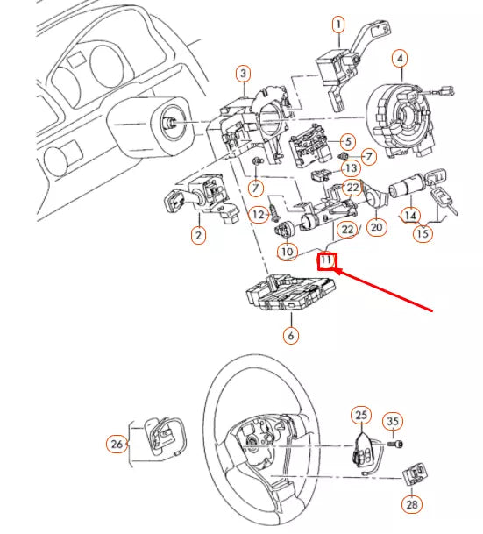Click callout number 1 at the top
pos(338,24)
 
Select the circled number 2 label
pos(199,235)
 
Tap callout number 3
pos(244,74)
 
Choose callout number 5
pos(347,141)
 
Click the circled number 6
pos(292,334)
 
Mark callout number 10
pos(288,252)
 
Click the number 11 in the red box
pos(326,260)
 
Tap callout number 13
pos(350,167)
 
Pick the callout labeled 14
pos(408,213)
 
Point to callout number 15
pos(423,233)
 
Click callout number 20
pos(377,227)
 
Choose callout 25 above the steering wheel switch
pos(360,414)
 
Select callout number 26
pos(117,445)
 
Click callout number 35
pos(393,423)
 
